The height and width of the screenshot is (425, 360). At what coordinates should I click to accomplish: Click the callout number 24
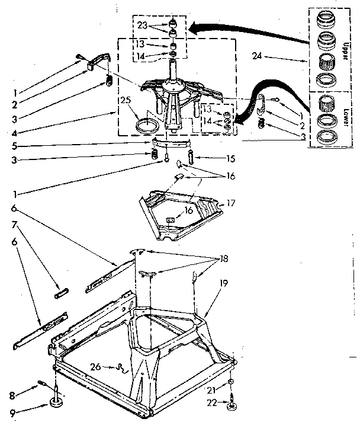(256, 57)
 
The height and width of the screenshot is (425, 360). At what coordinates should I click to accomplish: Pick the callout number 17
(230, 203)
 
